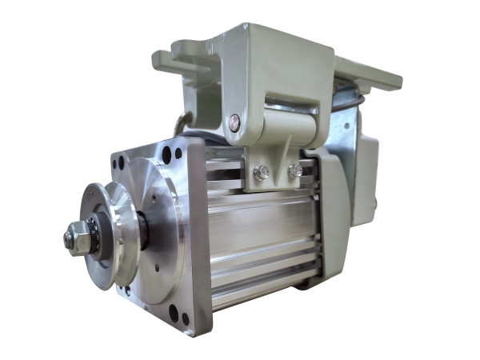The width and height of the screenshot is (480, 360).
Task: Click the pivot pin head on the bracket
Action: [x=234, y=122]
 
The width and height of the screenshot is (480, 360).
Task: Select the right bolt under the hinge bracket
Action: [x=294, y=170]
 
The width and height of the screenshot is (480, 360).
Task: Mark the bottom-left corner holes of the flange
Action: [x=128, y=290]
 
